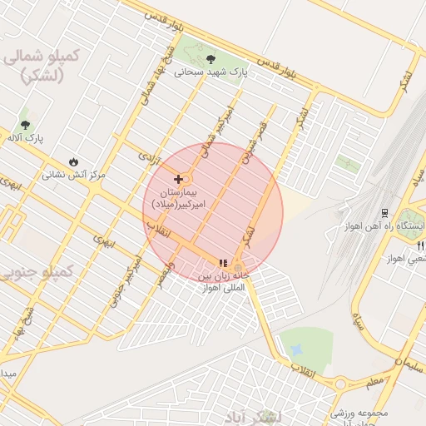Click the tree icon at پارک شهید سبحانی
point(210,58)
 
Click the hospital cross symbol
point(178,179)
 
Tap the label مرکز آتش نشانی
point(74,176)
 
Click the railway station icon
point(384,213)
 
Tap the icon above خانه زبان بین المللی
point(222,263)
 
